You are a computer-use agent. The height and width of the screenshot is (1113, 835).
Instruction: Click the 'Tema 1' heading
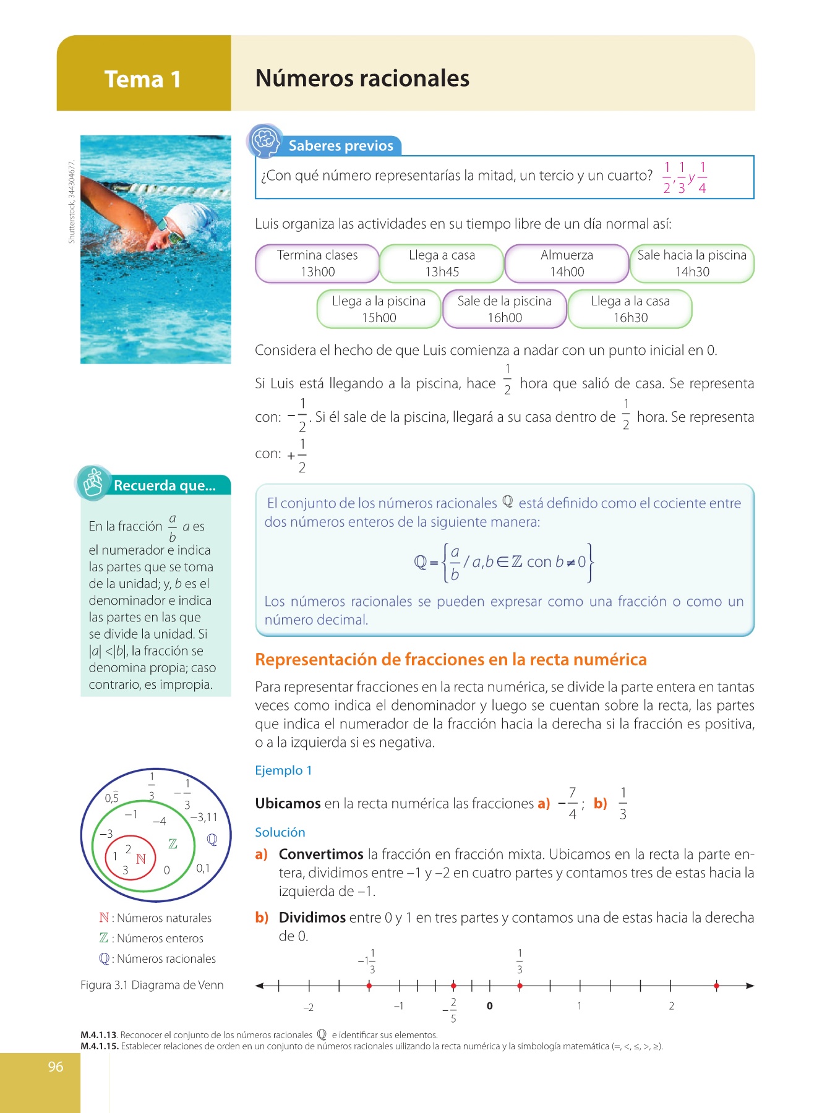tap(142, 79)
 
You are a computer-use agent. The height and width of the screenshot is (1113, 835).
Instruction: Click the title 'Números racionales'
tap(362, 79)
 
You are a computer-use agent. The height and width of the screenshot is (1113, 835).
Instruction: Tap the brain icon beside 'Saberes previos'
tap(265, 141)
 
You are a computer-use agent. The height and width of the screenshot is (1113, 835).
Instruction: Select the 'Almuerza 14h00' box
tap(567, 263)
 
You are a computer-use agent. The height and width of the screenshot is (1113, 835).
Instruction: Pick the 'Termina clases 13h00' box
tap(317, 263)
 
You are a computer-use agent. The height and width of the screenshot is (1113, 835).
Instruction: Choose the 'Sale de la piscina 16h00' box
tap(504, 309)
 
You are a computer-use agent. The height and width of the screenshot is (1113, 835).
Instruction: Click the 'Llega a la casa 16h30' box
tap(630, 309)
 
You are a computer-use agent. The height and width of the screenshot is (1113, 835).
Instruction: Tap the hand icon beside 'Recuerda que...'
tap(93, 483)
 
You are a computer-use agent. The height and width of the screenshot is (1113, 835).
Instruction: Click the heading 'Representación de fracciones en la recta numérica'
tap(450, 660)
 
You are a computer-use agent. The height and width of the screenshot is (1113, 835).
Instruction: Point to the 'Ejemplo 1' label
tap(283, 770)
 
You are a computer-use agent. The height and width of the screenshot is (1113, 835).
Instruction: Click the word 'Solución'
tap(280, 832)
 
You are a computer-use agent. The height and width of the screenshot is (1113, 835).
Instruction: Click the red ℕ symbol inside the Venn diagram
tap(141, 859)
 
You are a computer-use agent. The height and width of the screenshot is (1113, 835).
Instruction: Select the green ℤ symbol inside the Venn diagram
tap(173, 844)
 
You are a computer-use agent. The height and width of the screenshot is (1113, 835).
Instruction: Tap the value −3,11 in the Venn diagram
tap(203, 817)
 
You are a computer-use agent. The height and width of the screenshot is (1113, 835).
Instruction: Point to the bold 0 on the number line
tap(489, 1006)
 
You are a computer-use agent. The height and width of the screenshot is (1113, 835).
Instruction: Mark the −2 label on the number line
tap(308, 1007)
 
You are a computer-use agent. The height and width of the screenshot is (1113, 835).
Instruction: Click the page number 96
tap(56, 1067)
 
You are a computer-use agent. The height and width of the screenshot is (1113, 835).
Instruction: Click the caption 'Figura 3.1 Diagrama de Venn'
tap(152, 985)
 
